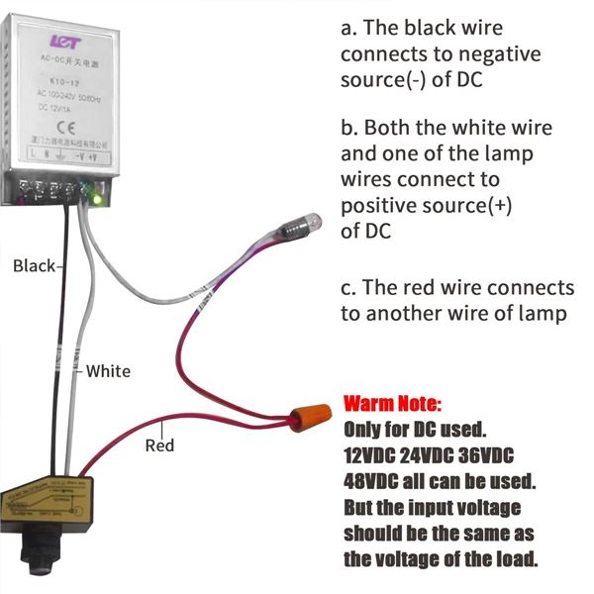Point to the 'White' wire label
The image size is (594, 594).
[x=108, y=371]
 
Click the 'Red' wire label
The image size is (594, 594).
[x=159, y=445]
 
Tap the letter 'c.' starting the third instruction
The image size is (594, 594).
[x=348, y=287]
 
